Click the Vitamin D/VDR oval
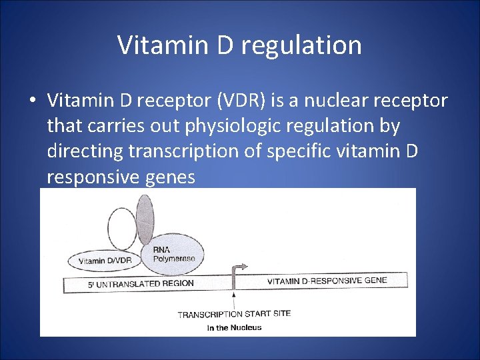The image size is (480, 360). [x=105, y=260]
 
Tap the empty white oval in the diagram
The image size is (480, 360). [x=122, y=229]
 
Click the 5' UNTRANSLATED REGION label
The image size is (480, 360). [x=141, y=283]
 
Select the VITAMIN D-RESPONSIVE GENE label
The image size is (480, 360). [x=327, y=281]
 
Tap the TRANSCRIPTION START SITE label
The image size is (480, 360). [x=234, y=314]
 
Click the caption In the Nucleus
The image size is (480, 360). [x=234, y=327]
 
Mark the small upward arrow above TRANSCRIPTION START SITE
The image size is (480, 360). [x=233, y=299]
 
